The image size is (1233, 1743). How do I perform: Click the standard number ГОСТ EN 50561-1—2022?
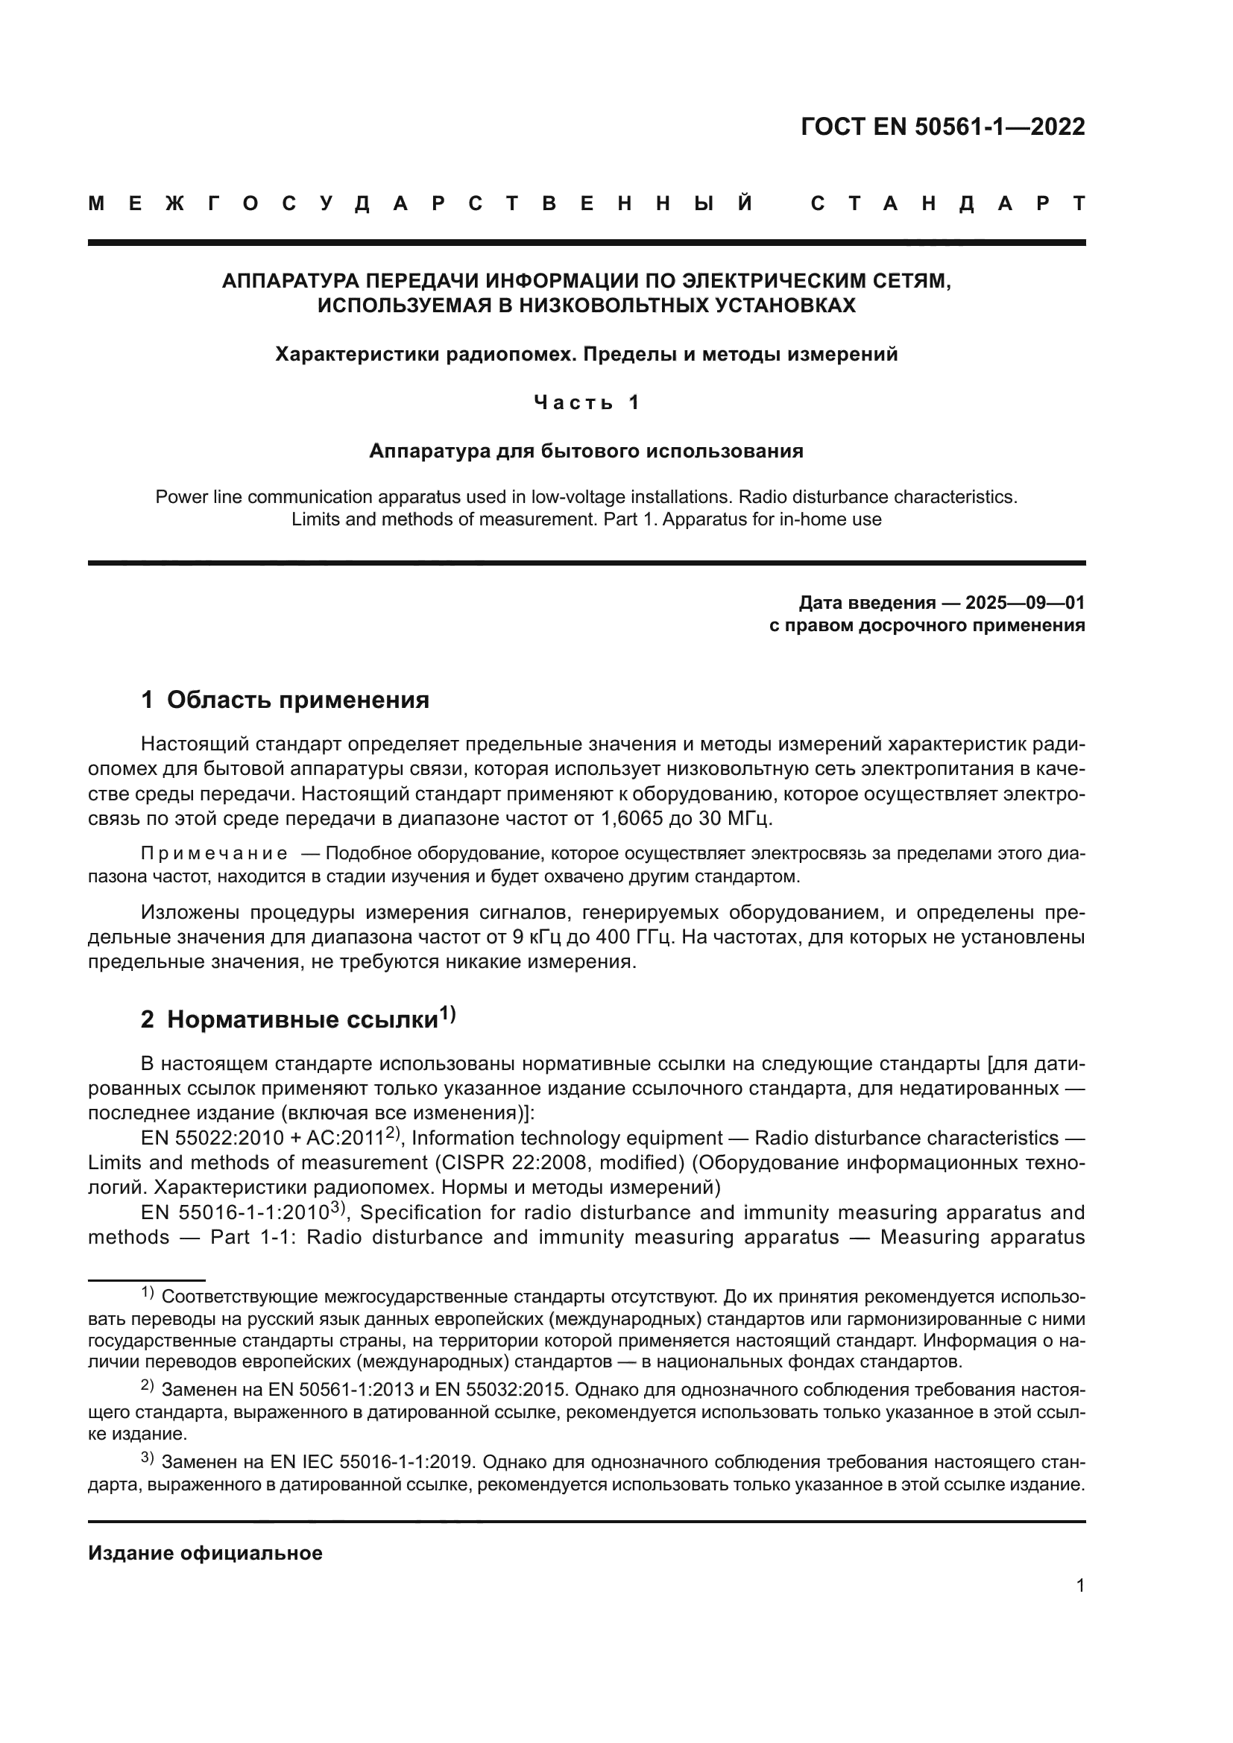tap(942, 127)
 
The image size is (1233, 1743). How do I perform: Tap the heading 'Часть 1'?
tap(586, 402)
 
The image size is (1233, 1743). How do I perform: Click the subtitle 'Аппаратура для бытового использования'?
tap(586, 451)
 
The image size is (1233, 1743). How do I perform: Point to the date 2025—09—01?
tap(1025, 603)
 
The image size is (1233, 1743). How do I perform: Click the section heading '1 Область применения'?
tap(285, 699)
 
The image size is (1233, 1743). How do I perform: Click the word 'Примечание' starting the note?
tap(214, 854)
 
